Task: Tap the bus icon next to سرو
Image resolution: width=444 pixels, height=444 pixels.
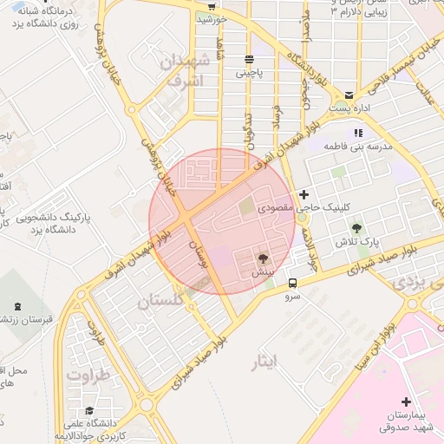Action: pos(293,282)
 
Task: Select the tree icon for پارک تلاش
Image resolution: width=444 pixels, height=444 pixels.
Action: pos(356,228)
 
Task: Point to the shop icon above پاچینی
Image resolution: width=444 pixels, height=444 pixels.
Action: pos(250,59)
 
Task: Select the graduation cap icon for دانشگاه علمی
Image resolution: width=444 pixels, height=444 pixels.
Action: pos(88,411)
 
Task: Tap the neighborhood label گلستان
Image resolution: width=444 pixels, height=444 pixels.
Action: pos(161,301)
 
